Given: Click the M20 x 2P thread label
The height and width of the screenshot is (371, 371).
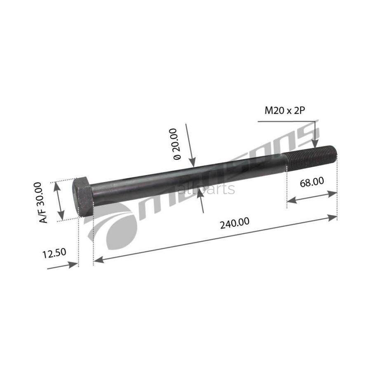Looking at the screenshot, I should pyautogui.click(x=287, y=110).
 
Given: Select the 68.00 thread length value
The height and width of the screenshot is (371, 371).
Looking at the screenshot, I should pyautogui.click(x=312, y=181).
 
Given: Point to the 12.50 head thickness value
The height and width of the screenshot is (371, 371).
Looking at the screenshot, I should pyautogui.click(x=54, y=253).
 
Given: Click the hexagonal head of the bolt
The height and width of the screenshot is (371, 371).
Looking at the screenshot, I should pyautogui.click(x=83, y=197).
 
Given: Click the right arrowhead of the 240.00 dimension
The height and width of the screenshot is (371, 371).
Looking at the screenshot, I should pyautogui.click(x=333, y=217).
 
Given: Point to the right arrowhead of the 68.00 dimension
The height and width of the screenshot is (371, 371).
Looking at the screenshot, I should pyautogui.click(x=333, y=193).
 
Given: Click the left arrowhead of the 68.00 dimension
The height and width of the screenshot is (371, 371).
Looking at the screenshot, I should pyautogui.click(x=290, y=201).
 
